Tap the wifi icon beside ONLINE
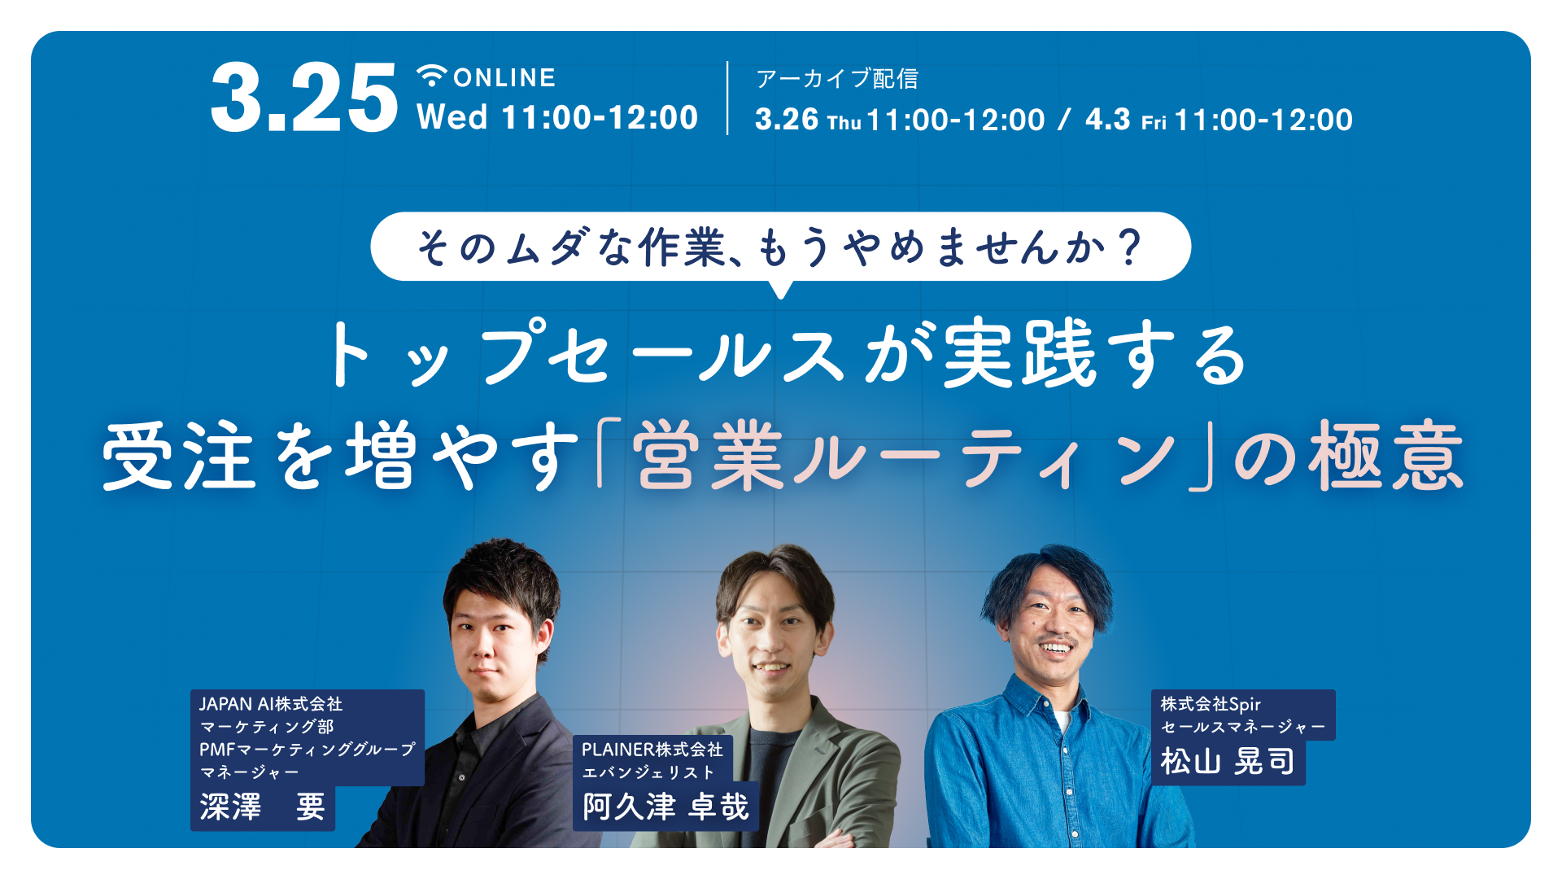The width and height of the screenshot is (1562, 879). [x=432, y=76]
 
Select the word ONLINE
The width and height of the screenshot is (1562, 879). [x=504, y=77]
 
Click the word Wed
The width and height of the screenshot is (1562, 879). [x=452, y=117]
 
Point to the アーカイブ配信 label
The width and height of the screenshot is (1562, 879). [x=837, y=78]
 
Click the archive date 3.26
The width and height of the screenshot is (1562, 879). [x=787, y=120]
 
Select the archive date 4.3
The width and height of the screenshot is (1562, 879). [x=1108, y=120]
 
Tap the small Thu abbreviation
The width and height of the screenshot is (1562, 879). [x=844, y=123]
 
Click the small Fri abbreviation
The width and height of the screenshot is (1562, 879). [x=1154, y=123]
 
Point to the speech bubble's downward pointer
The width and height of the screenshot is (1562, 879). [x=781, y=289]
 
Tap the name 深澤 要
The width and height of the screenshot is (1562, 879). [x=262, y=807]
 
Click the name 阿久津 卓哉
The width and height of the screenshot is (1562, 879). [x=665, y=807]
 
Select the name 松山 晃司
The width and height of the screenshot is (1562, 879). [x=1228, y=762]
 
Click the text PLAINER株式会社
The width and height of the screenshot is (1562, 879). [x=652, y=749]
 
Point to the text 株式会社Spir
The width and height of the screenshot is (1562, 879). [x=1211, y=704]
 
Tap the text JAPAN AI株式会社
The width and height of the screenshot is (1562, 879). [x=271, y=704]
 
